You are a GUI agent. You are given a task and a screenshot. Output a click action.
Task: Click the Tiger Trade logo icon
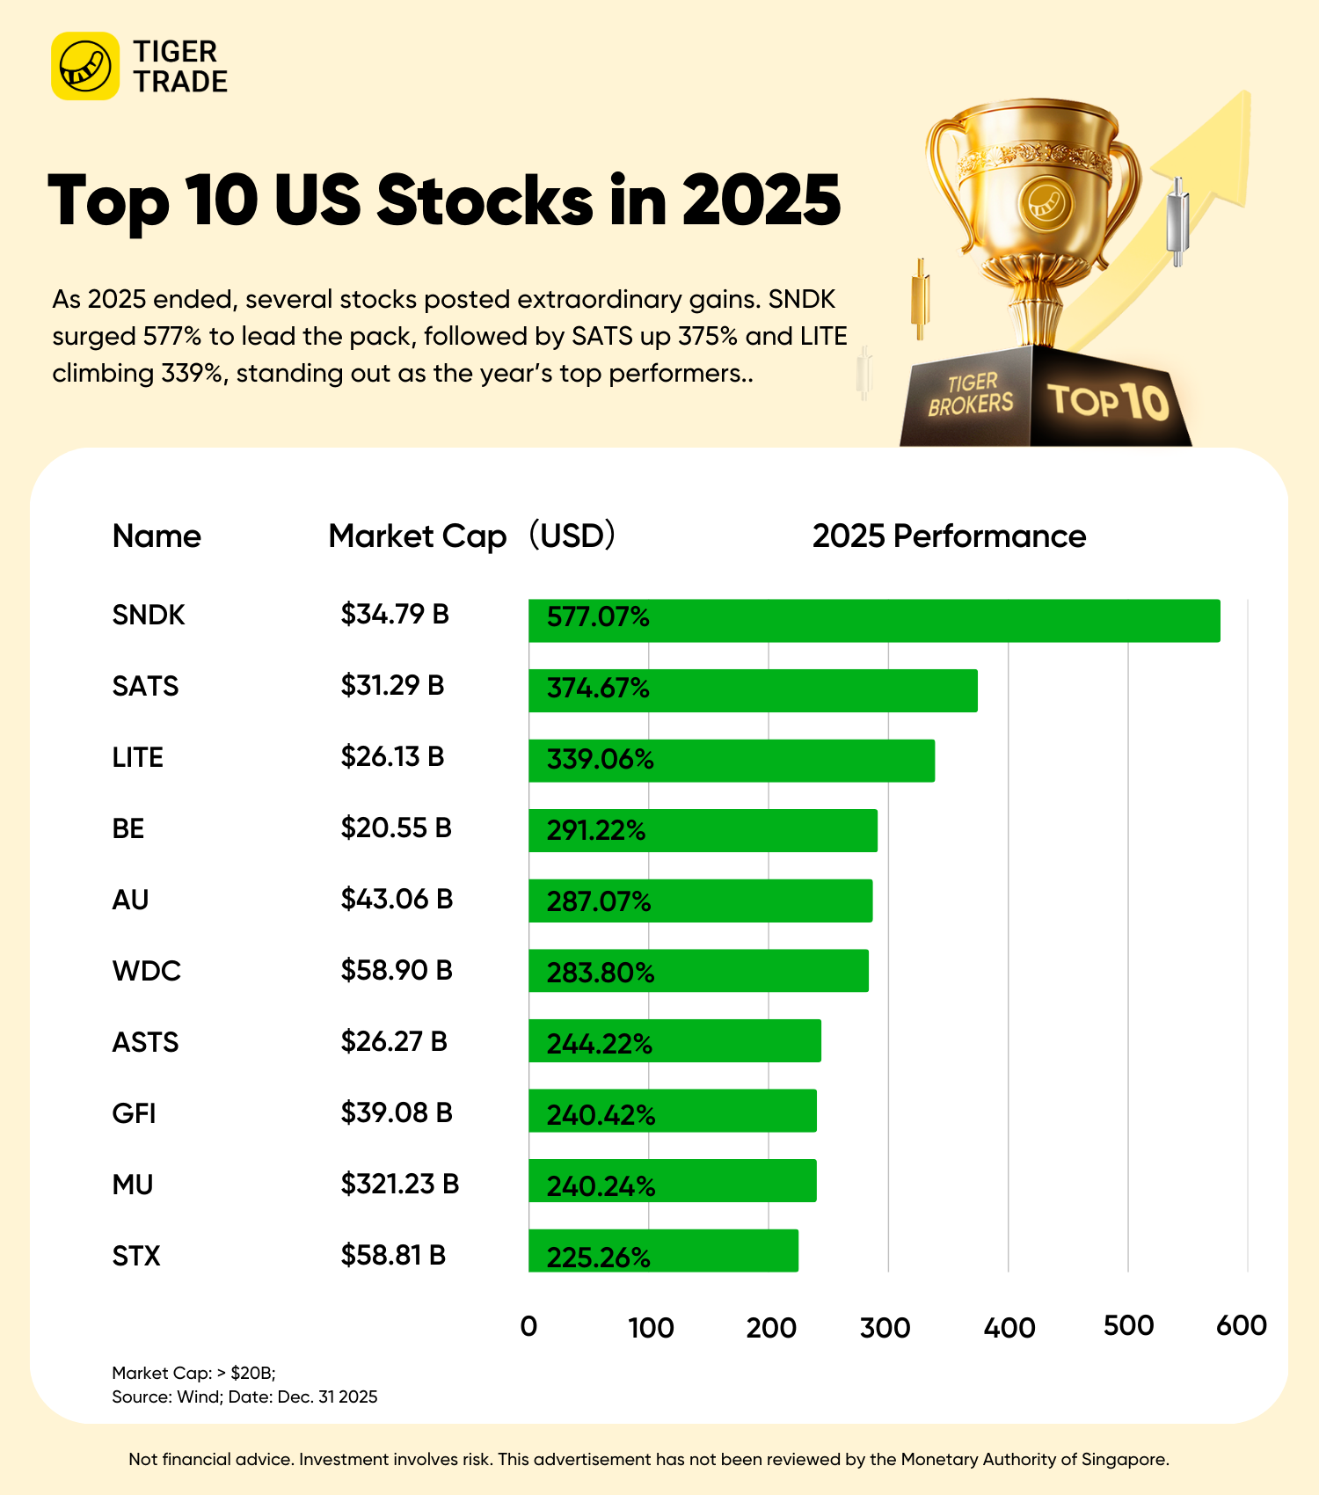point(85,66)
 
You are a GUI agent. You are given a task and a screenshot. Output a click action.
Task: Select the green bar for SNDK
point(874,621)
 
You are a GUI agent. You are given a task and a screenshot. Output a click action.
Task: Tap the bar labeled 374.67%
point(753,690)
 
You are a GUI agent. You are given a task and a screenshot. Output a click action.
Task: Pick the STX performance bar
point(663,1251)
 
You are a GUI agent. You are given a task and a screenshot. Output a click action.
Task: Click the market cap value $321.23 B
point(400,1185)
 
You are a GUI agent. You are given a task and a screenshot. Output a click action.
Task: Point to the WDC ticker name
point(146,971)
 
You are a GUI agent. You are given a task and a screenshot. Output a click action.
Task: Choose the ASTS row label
point(145,1042)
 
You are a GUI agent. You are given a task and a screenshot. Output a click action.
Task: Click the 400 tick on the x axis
point(1009,1327)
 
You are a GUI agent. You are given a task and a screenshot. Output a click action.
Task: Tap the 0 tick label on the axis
point(528,1326)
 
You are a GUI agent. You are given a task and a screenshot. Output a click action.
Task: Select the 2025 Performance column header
point(949,536)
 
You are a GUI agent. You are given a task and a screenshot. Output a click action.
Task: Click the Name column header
point(157,536)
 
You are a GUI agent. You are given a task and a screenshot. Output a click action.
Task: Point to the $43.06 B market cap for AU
point(397,900)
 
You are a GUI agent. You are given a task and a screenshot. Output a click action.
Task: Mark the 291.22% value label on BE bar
point(596,830)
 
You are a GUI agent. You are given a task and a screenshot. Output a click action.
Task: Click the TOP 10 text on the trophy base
point(1108,401)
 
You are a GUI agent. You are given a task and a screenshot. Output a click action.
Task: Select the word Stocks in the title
point(485,201)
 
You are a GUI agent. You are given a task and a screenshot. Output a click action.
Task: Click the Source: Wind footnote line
point(244,1397)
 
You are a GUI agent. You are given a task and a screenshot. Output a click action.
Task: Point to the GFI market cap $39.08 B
point(397,1113)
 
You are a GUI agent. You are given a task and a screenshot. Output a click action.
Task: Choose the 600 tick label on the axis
point(1241,1326)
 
